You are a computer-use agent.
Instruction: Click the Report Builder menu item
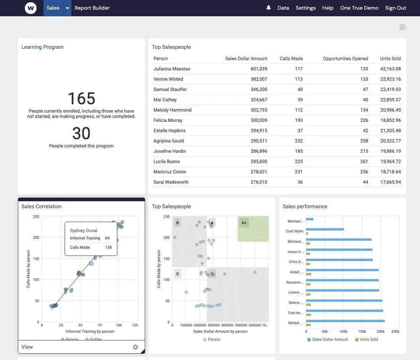[92, 8]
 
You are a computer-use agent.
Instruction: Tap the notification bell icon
[268, 8]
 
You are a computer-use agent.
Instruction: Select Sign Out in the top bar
[396, 8]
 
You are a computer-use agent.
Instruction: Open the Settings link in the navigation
[305, 8]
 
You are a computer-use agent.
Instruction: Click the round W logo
[31, 8]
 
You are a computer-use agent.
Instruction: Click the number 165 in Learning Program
[81, 98]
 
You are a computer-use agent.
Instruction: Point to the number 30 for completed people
[81, 134]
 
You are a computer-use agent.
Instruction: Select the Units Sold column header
[390, 58]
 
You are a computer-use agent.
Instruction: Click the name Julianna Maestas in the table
[172, 69]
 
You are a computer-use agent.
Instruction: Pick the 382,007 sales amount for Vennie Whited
[259, 79]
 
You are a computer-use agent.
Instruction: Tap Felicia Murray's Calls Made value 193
[299, 120]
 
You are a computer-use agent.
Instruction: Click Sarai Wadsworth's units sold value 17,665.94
[391, 182]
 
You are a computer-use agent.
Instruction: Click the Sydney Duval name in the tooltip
[84, 231]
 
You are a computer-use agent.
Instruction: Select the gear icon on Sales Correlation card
[136, 347]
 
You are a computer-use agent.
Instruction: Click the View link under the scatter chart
[27, 347]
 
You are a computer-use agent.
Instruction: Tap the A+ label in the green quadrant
[244, 223]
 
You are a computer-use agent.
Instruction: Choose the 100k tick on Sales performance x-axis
[343, 331]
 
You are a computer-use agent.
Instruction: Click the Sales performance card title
[305, 207]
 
